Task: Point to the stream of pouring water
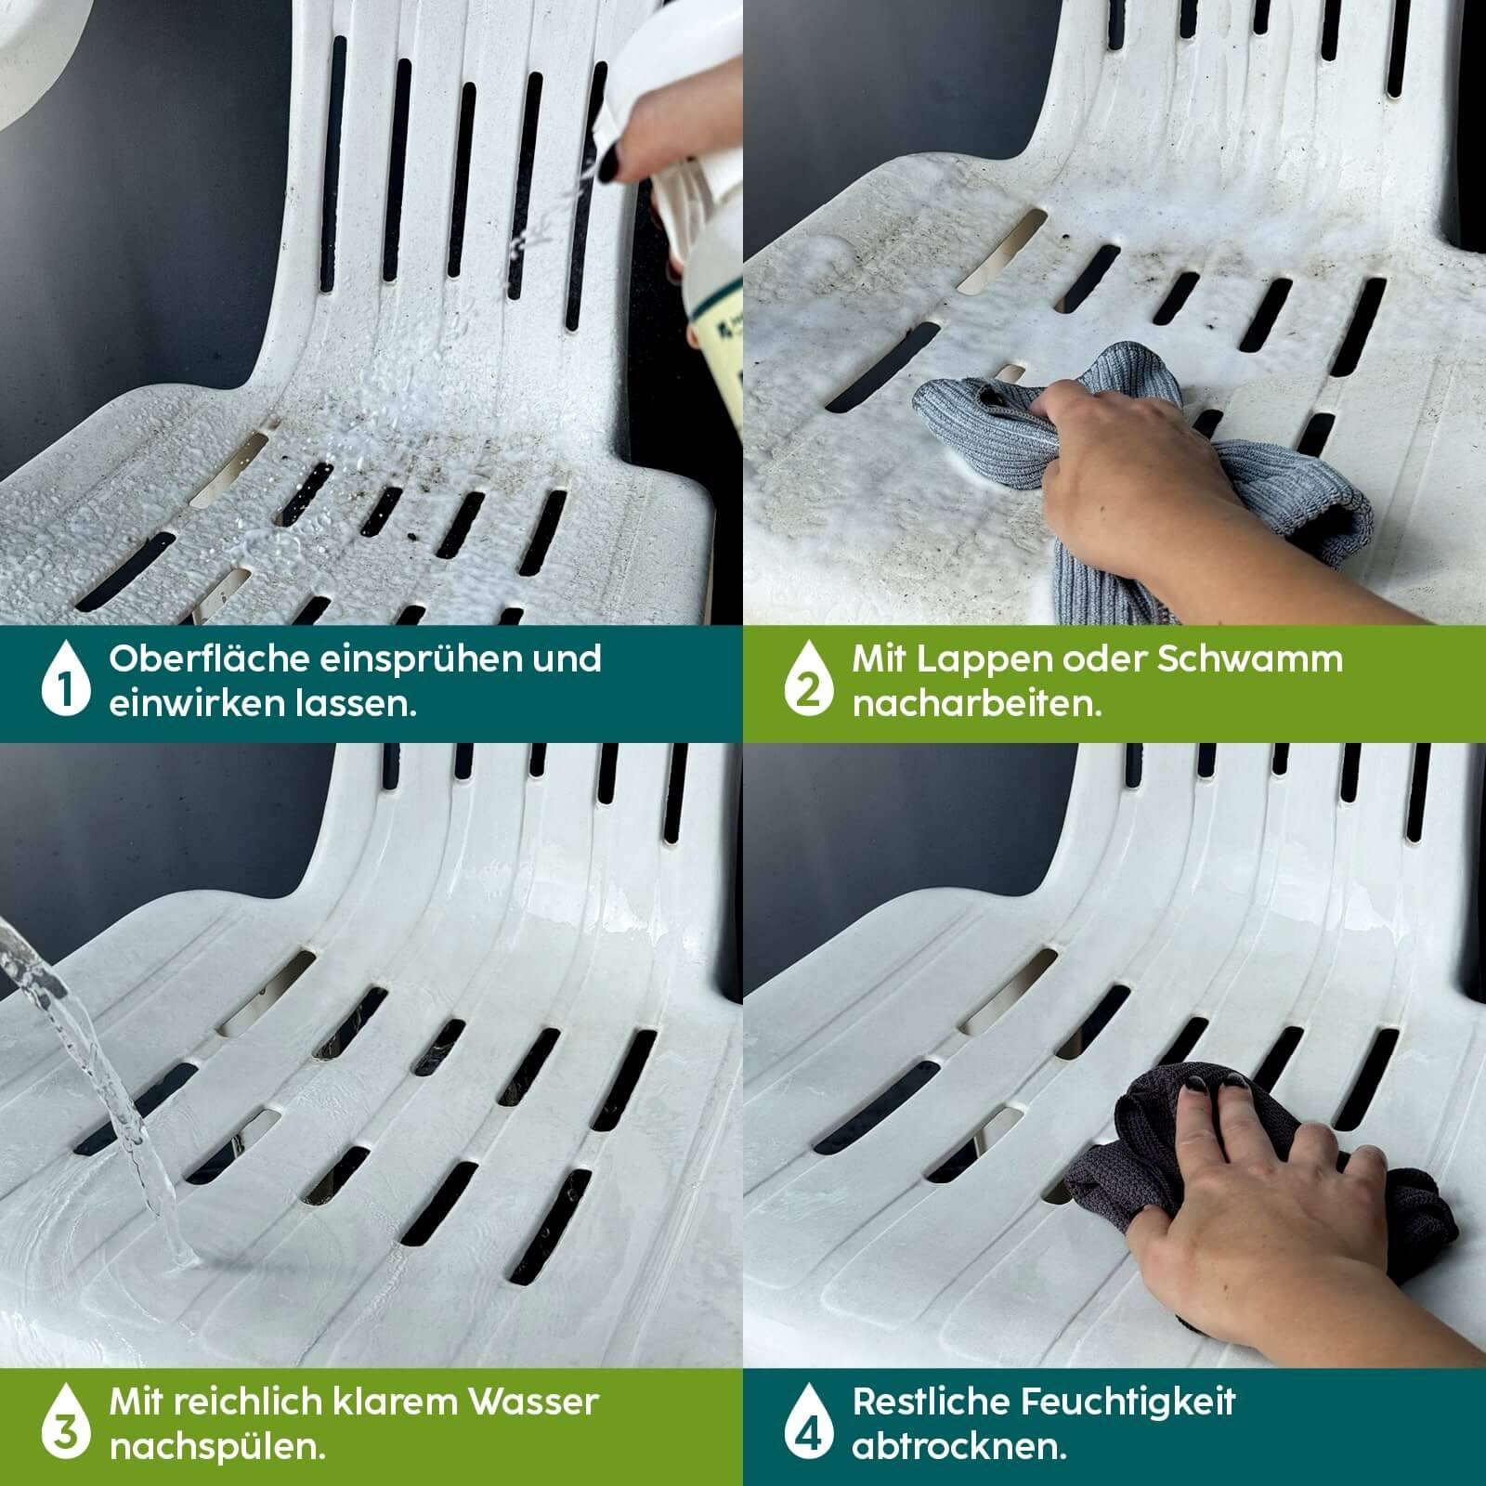point(102,1096)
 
